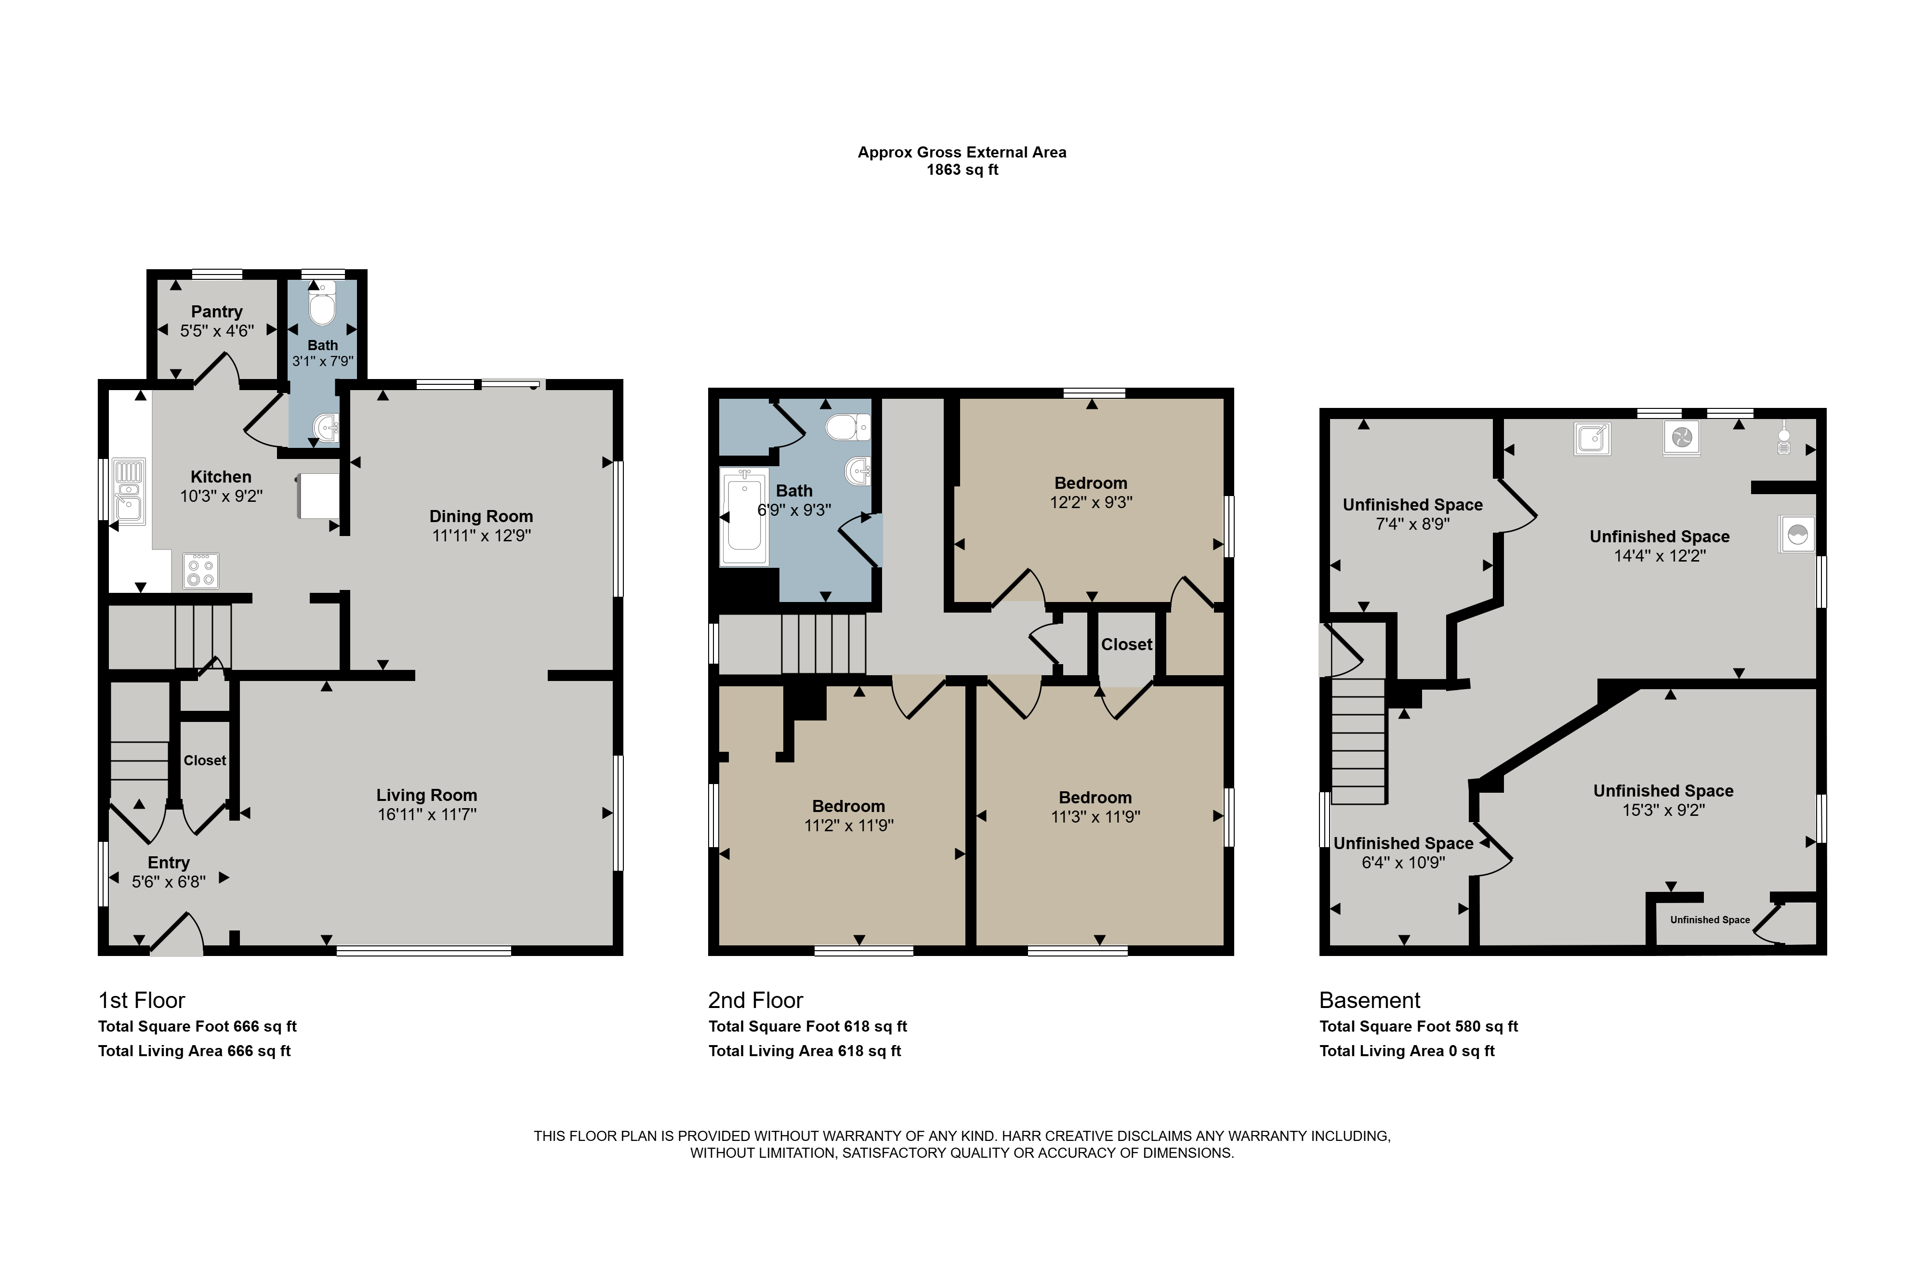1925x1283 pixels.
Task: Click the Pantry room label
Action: point(217,312)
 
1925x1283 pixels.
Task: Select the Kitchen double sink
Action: point(129,491)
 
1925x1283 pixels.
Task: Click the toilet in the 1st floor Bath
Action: point(323,303)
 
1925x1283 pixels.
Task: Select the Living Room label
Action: point(426,795)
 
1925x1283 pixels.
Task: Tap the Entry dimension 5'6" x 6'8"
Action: point(169,881)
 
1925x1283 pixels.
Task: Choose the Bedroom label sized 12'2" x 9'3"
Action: point(1091,483)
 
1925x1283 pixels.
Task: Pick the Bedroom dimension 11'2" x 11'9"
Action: point(849,825)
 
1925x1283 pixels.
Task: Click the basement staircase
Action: point(1358,741)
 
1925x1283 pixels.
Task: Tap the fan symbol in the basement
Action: point(1682,438)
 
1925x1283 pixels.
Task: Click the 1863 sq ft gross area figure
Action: point(962,170)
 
